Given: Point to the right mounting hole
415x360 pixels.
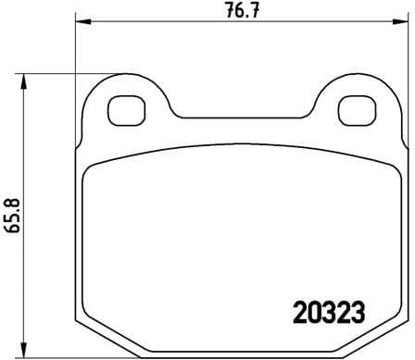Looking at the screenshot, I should [352, 110].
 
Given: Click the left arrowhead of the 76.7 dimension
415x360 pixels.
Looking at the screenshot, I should [81, 22].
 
